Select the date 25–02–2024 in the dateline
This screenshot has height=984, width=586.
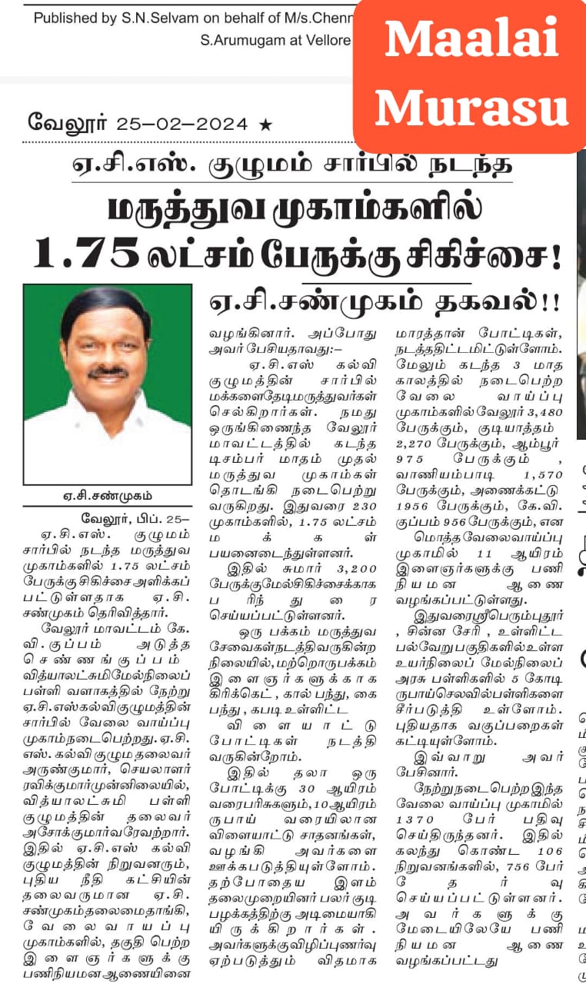point(182,124)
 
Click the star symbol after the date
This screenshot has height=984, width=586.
point(266,124)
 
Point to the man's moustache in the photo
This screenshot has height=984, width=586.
point(107,372)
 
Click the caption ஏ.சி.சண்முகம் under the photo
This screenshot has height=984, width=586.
point(107,496)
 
